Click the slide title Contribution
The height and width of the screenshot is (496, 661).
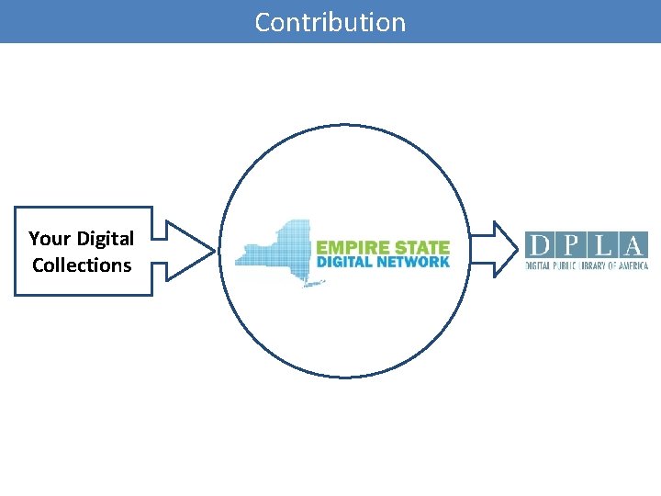330,22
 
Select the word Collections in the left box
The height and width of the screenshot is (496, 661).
82,265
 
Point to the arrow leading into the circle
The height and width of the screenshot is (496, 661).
188,250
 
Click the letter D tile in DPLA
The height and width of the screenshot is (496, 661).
540,245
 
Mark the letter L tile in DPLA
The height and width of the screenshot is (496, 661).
602,245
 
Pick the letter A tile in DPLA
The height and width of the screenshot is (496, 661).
633,245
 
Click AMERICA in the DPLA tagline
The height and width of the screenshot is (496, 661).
633,265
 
